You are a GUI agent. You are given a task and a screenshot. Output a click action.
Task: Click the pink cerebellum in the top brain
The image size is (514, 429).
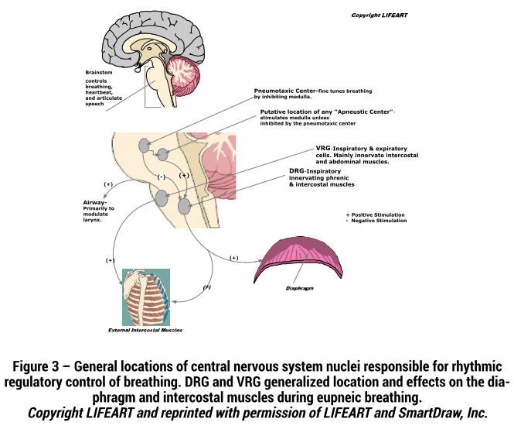[182, 75]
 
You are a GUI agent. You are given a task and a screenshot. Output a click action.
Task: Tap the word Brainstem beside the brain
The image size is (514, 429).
[99, 73]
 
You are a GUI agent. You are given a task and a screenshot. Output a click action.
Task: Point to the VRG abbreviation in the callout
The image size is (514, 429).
[323, 148]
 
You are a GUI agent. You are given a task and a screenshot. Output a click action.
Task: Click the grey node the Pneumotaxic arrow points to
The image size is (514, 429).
[144, 146]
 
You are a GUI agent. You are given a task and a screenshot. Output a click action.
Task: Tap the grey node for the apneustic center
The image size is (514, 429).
[162, 154]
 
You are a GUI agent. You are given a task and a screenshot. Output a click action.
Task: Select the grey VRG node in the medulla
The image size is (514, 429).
[162, 198]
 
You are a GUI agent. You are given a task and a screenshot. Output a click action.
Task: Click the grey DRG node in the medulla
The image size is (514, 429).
[184, 207]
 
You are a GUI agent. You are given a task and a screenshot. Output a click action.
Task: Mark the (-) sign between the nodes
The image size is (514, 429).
[162, 177]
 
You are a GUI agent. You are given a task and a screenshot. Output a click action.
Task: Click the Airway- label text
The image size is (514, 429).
[95, 203]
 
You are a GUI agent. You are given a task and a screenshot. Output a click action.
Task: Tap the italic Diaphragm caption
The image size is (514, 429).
[300, 288]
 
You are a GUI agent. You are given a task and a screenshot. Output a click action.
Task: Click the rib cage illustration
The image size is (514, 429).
[146, 297]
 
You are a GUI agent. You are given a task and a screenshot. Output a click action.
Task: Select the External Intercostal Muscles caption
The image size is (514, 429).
[145, 330]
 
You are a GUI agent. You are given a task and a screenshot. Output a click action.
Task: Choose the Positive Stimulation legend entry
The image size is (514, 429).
[376, 214]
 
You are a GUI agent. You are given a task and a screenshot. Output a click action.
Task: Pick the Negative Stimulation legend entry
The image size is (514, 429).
[376, 221]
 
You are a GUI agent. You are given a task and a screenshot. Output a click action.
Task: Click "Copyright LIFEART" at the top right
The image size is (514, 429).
[380, 15]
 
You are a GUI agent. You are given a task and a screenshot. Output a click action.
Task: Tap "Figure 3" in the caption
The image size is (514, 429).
[36, 366]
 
